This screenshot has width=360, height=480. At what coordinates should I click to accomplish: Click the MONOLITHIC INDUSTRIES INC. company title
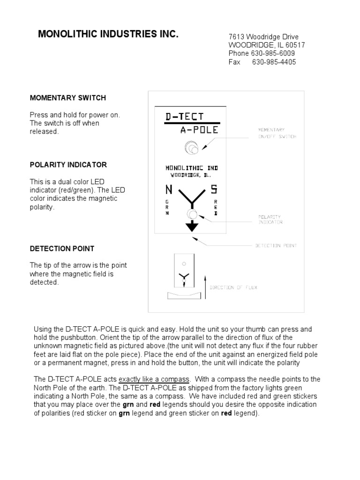[108, 34]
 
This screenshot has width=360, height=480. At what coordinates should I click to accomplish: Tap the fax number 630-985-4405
[274, 62]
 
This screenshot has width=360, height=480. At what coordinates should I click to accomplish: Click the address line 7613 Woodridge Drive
[263, 37]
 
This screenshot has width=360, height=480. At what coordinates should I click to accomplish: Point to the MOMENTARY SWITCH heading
[68, 98]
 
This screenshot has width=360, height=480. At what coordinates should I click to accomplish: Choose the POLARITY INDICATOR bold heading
[68, 165]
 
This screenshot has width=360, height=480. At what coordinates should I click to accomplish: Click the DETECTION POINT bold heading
[62, 248]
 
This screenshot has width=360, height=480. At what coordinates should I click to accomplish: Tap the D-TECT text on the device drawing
[185, 116]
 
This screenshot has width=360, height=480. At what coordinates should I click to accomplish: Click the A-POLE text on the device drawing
[199, 130]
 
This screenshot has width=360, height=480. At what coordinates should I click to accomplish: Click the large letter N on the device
[168, 190]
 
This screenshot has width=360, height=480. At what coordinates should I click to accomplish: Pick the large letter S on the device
[214, 190]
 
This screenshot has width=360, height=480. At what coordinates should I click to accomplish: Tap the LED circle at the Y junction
[191, 214]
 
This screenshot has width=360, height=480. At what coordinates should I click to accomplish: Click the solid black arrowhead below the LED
[191, 227]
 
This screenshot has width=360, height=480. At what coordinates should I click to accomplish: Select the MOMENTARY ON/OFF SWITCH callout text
[277, 133]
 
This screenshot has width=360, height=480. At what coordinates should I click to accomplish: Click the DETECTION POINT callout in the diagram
[276, 245]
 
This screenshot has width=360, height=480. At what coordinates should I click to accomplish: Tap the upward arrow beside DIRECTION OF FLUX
[205, 286]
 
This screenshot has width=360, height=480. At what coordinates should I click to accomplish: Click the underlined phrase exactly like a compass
[154, 379]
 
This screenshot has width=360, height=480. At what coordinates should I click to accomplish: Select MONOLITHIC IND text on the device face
[191, 167]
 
